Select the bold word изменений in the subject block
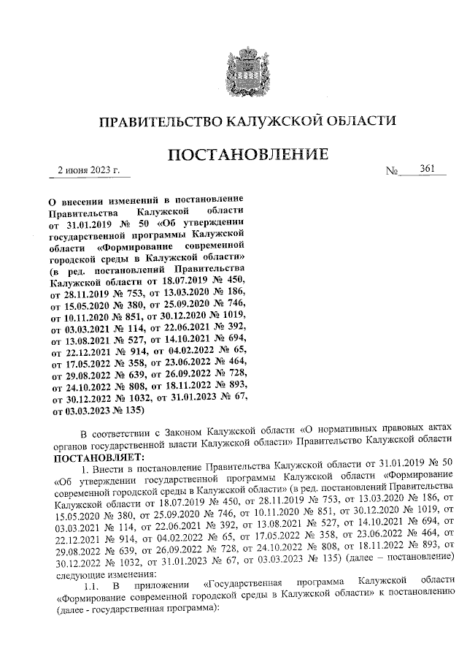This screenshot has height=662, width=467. pos(138,199)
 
